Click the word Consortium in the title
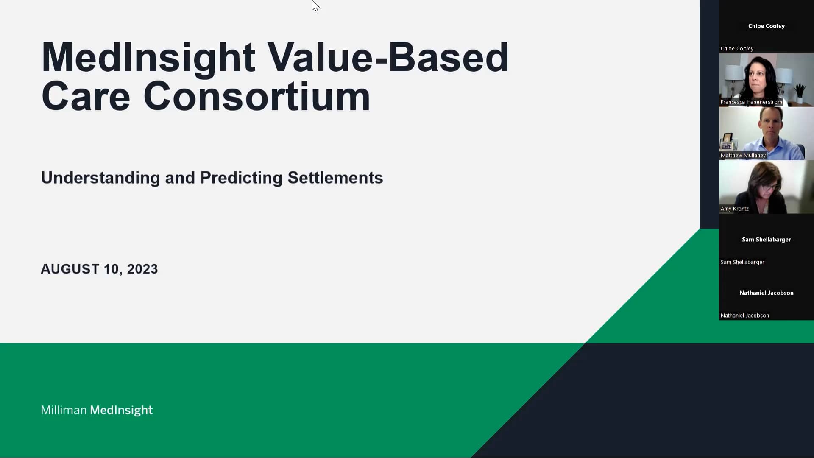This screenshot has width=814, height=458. point(256,97)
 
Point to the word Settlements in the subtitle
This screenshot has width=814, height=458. point(335,178)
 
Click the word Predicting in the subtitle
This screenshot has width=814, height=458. point(241,178)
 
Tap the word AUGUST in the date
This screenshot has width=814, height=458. point(70,269)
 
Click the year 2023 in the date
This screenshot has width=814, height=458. point(142,269)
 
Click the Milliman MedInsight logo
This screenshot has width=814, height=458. point(97,410)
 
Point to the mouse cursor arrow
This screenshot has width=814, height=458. point(315,6)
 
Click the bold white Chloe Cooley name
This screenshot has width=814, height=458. point(766,26)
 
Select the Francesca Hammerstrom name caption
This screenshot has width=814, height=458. point(751,102)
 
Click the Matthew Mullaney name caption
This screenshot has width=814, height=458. point(743,156)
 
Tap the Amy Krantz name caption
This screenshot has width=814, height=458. point(734,209)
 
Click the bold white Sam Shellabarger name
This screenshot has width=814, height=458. point(766,240)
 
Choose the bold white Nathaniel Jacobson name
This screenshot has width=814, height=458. point(766,293)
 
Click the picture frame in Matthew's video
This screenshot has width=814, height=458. point(728,139)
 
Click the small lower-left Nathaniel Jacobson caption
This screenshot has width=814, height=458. point(744,316)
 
